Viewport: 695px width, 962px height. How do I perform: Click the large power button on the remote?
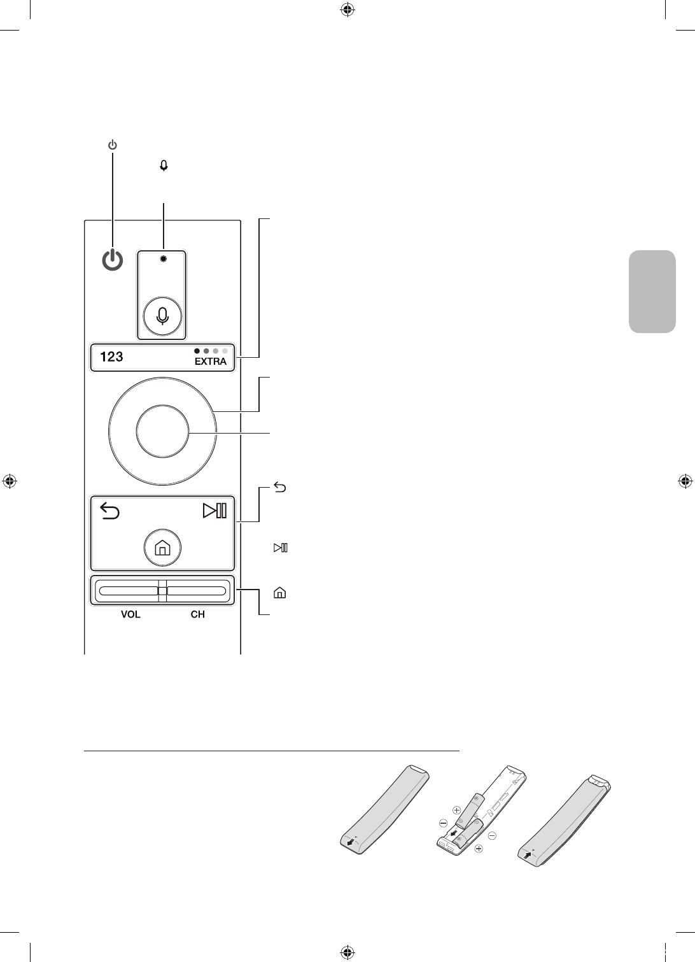pyautogui.click(x=112, y=260)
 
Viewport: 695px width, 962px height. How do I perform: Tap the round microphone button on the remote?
pyautogui.click(x=163, y=316)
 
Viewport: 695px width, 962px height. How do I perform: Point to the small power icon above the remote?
pyautogui.click(x=112, y=146)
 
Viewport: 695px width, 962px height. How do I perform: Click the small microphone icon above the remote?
pyautogui.click(x=164, y=166)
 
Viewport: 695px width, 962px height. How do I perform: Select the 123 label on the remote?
pyautogui.click(x=111, y=357)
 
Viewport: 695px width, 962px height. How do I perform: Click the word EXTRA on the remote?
pyautogui.click(x=210, y=362)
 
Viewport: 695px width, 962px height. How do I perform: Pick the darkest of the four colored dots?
pyautogui.click(x=197, y=350)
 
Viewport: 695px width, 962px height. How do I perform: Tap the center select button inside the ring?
pyautogui.click(x=163, y=430)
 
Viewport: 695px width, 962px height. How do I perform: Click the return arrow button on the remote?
pyautogui.click(x=110, y=511)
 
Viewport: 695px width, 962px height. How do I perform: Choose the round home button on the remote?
pyautogui.click(x=163, y=548)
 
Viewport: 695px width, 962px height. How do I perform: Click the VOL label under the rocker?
pyautogui.click(x=131, y=615)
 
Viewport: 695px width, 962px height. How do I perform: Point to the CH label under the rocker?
pyautogui.click(x=197, y=615)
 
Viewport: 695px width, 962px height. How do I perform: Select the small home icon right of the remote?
pyautogui.click(x=279, y=593)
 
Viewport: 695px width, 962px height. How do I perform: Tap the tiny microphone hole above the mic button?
pyautogui.click(x=164, y=260)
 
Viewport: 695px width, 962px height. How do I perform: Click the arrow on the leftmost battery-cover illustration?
pyautogui.click(x=350, y=842)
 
